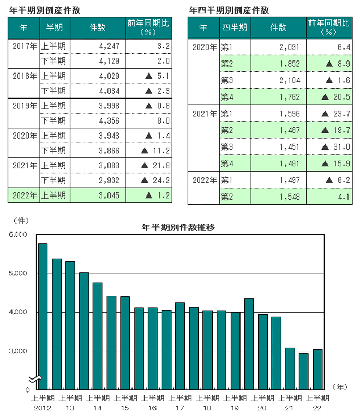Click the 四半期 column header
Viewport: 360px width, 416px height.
(x=234, y=28)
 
